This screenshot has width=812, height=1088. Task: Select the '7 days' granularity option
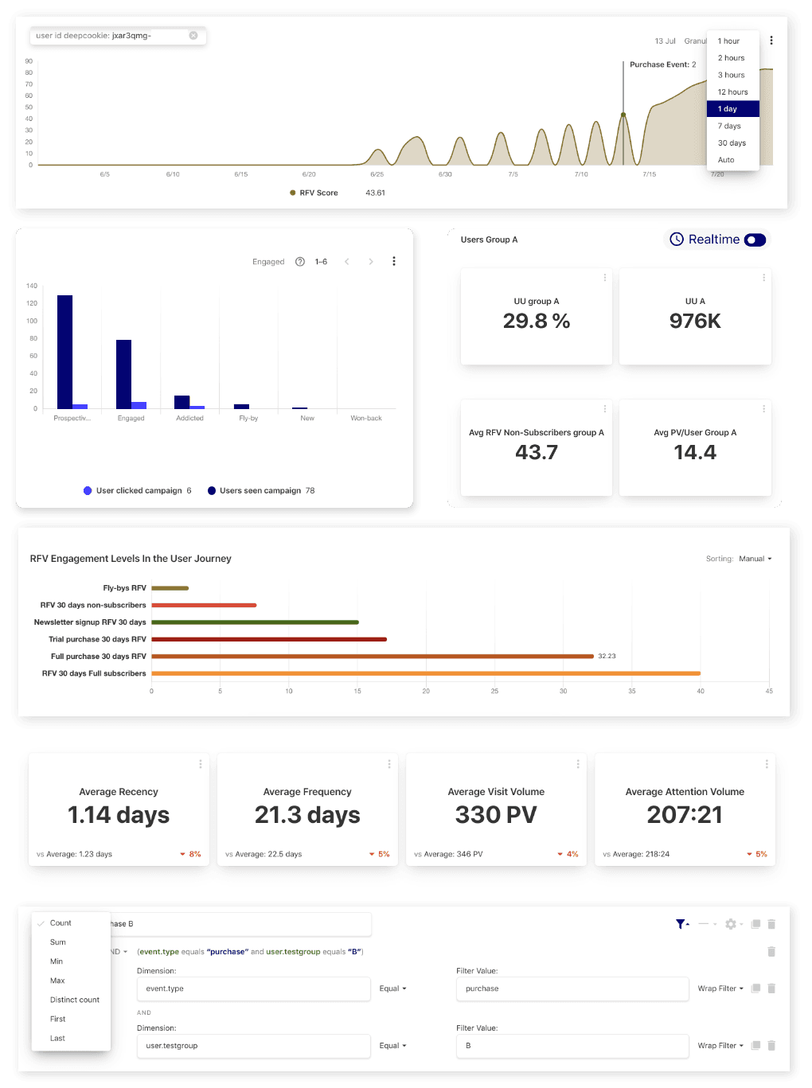pos(729,126)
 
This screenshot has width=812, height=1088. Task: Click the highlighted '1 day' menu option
pos(728,109)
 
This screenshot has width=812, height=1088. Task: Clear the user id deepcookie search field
pos(193,36)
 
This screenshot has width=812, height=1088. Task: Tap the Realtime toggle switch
pos(755,240)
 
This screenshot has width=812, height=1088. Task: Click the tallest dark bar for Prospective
pos(65,351)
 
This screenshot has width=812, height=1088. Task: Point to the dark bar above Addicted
pos(182,402)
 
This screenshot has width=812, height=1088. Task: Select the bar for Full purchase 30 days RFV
pos(373,657)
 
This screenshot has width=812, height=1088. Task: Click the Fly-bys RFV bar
pos(170,588)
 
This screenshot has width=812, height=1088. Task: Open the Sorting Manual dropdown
pos(755,559)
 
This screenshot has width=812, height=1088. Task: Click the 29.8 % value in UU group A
pos(537,321)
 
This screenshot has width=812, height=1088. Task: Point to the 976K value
pos(695,321)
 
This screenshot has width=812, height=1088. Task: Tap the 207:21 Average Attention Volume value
pos(685,815)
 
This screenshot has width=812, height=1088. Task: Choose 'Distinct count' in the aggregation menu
pos(75,1000)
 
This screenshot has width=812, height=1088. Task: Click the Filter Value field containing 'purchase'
pos(572,989)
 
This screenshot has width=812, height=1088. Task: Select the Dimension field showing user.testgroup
pos(253,1046)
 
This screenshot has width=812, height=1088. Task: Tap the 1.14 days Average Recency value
pos(119,815)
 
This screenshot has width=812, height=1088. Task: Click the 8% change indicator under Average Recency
pos(191,854)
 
